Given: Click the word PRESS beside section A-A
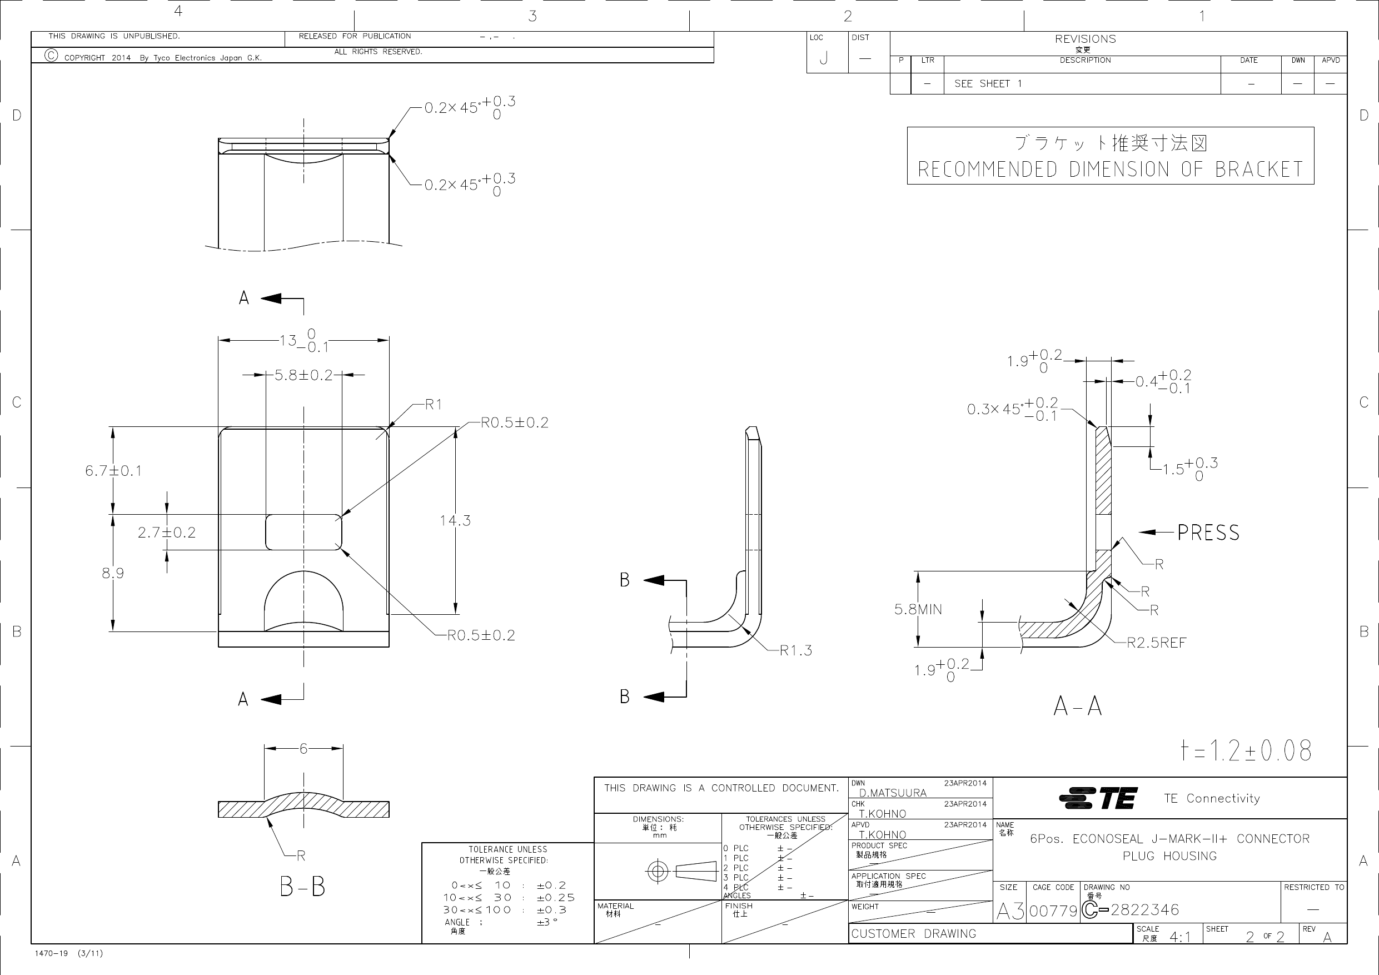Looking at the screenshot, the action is pyautogui.click(x=1208, y=533).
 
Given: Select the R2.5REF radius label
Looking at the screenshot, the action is pyautogui.click(x=1156, y=643).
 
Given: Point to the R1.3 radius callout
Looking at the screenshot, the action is pyautogui.click(x=795, y=650).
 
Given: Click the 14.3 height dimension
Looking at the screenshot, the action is pyautogui.click(x=455, y=521).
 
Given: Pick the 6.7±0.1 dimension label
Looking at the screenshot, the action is pyautogui.click(x=113, y=471).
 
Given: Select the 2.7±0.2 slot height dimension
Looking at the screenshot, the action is pyautogui.click(x=166, y=533).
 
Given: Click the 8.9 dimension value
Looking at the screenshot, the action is pyautogui.click(x=113, y=573).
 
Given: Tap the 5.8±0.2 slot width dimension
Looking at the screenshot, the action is pyautogui.click(x=303, y=375).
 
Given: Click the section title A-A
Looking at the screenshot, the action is pyautogui.click(x=1078, y=707).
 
